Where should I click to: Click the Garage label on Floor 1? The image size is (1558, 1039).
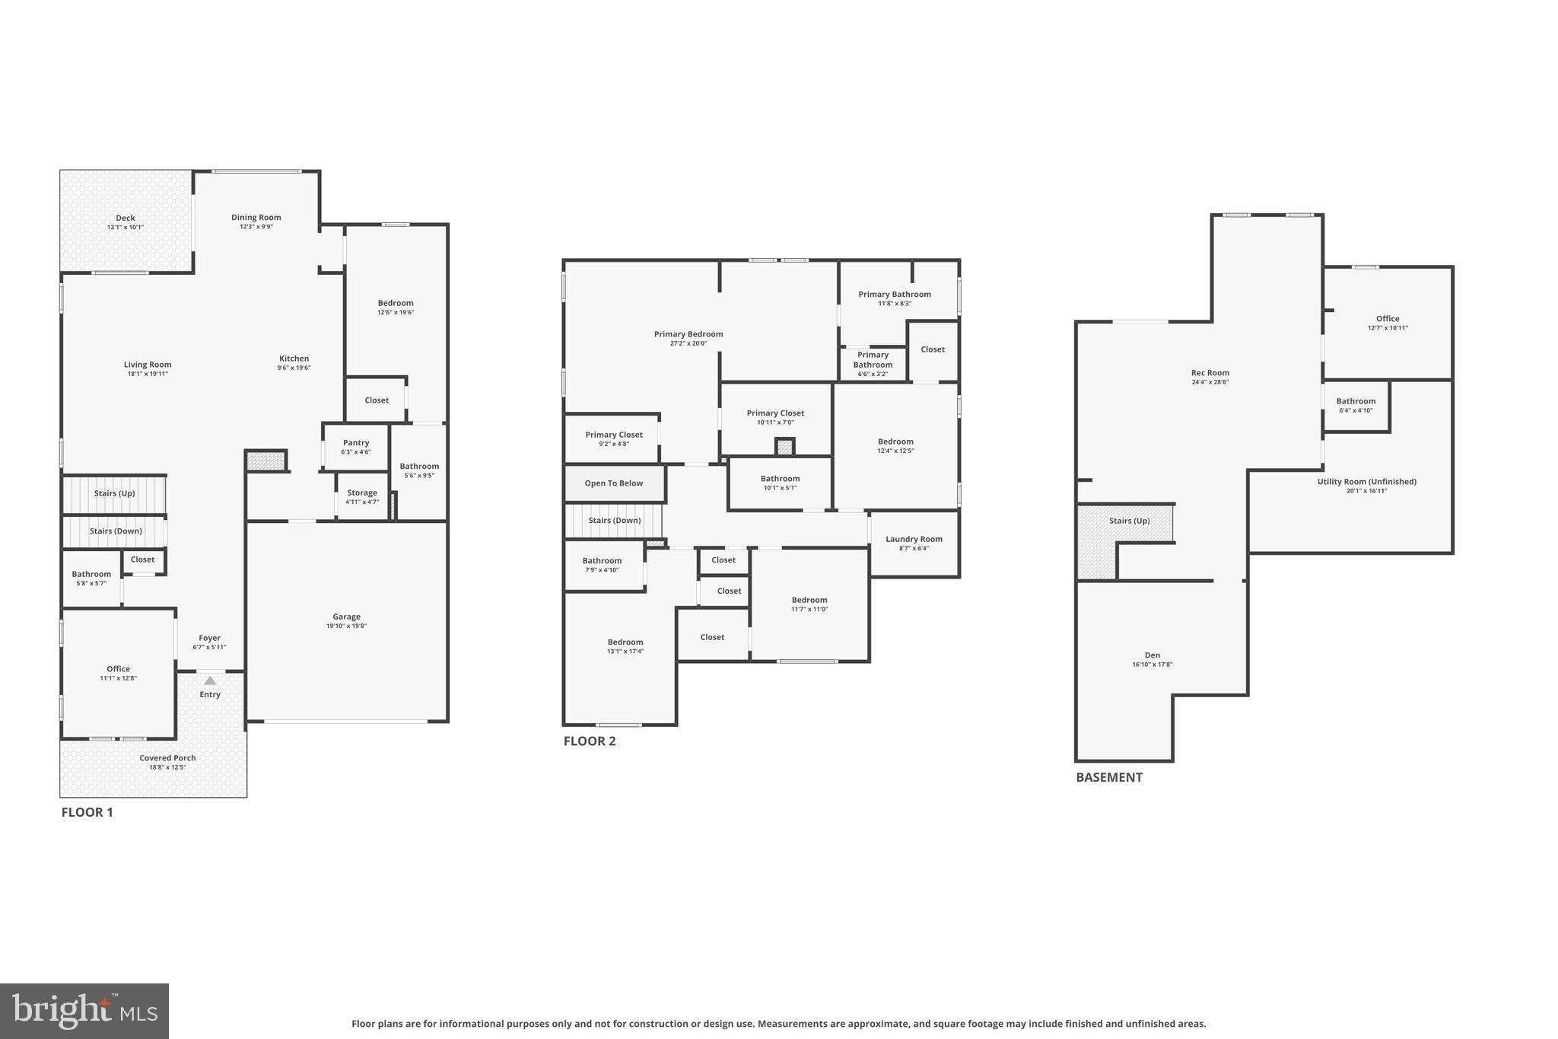click(x=346, y=617)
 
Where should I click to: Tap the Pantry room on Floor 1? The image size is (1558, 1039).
click(x=356, y=446)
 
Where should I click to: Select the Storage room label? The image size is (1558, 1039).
click(x=362, y=493)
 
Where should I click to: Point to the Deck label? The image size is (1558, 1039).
click(x=126, y=218)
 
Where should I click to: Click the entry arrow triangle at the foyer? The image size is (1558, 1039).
click(x=210, y=680)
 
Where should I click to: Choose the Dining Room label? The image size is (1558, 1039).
click(x=256, y=218)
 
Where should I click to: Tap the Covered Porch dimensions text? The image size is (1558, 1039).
click(x=167, y=767)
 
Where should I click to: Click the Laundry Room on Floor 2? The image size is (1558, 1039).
click(x=914, y=543)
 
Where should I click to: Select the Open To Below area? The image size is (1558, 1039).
click(x=614, y=483)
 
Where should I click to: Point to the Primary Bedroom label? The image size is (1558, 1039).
click(x=688, y=334)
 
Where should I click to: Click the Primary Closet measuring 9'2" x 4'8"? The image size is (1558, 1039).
click(x=614, y=438)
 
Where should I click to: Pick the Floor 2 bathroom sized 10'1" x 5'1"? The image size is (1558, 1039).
click(x=780, y=483)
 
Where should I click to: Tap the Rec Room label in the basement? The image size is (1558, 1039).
click(x=1210, y=374)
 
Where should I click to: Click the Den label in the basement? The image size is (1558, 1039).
click(x=1153, y=655)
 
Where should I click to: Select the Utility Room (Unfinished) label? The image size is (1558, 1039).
click(x=1366, y=482)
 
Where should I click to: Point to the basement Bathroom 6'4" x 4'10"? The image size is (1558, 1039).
click(x=1356, y=405)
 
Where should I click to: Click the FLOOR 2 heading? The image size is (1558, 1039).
click(x=590, y=741)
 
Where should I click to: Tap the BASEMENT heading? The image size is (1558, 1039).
click(x=1108, y=777)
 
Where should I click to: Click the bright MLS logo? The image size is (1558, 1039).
click(x=84, y=1011)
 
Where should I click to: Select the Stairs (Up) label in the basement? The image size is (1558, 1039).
click(x=1129, y=521)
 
